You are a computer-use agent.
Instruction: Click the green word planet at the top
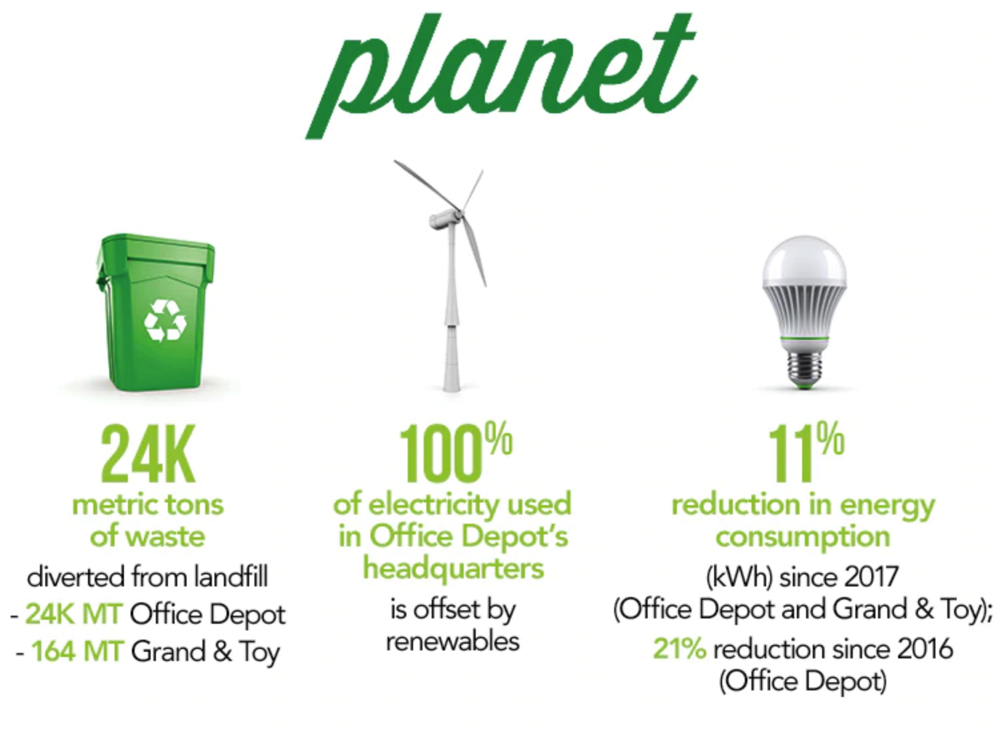coord(501,76)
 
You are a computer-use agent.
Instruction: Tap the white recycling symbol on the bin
coord(165,321)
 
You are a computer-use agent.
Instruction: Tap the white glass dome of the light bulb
coord(804,261)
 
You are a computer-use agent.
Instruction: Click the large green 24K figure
coord(148,454)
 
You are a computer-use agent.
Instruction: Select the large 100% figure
coord(455,452)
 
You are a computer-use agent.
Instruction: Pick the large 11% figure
coord(805,452)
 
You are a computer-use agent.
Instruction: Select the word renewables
coord(452,642)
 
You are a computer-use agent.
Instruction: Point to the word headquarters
coord(454,569)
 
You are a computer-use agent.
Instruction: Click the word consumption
coord(803,537)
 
